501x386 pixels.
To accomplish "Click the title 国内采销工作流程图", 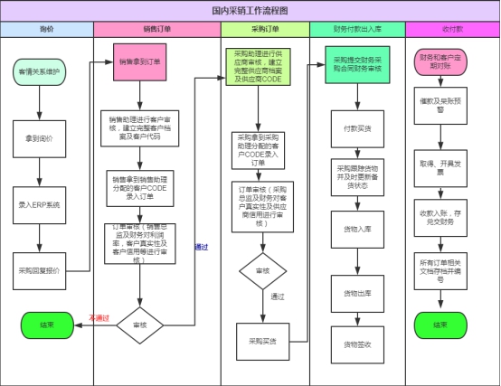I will pyautogui.click(x=250, y=11).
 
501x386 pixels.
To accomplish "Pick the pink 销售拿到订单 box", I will pyautogui.click(x=139, y=62).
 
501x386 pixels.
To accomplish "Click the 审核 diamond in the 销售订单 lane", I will pyautogui.click(x=139, y=325).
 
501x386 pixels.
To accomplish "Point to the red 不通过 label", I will pyautogui.click(x=99, y=317).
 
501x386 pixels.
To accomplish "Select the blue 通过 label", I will pyautogui.click(x=203, y=246).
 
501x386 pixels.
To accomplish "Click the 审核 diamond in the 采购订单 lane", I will pyautogui.click(x=261, y=272).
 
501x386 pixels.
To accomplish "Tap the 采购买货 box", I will pyautogui.click(x=261, y=341).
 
